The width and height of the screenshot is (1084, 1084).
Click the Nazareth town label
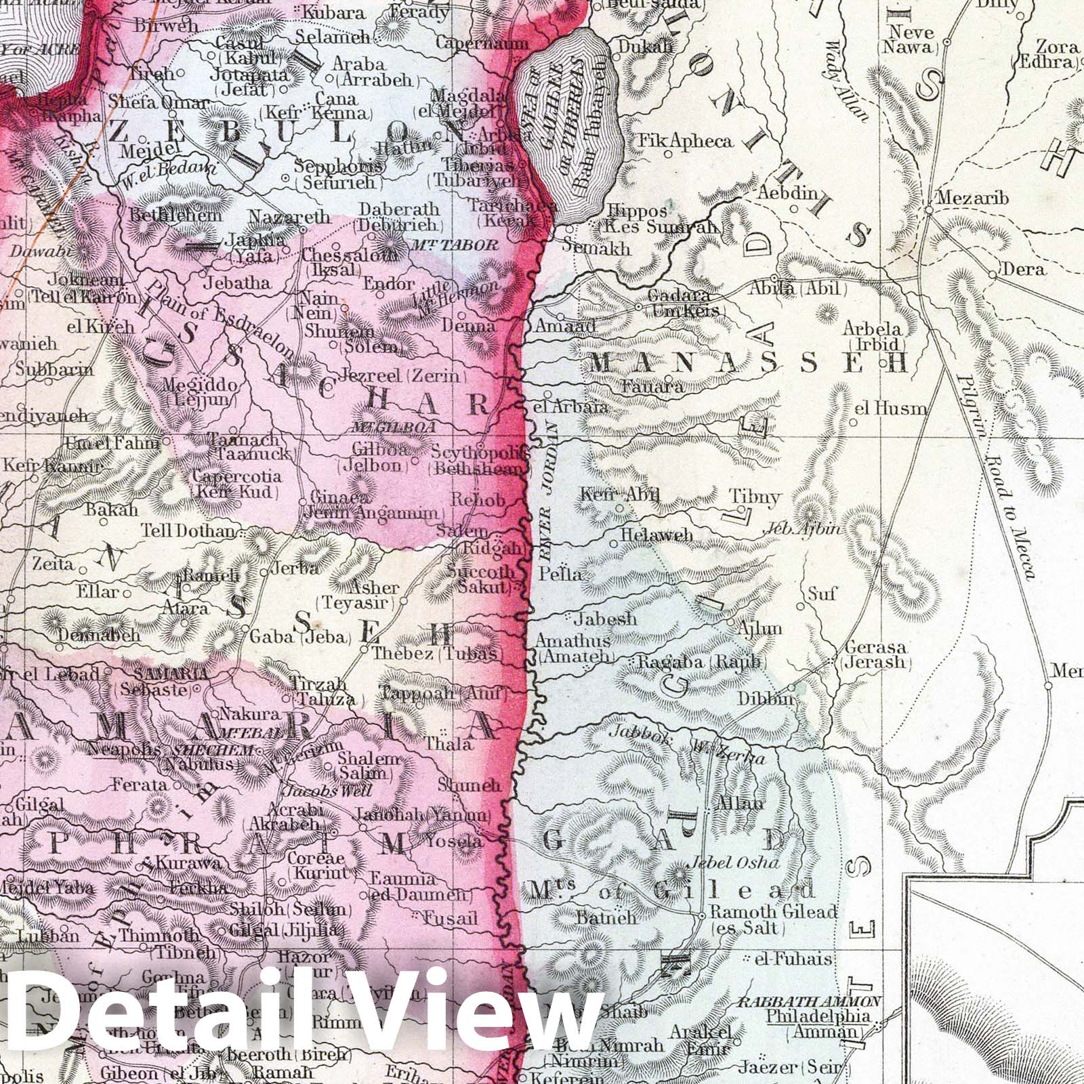click(289, 217)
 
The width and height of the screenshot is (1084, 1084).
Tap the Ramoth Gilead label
click(773, 911)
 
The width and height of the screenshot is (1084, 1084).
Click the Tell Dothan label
click(188, 530)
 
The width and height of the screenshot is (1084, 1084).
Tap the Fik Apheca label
click(686, 141)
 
